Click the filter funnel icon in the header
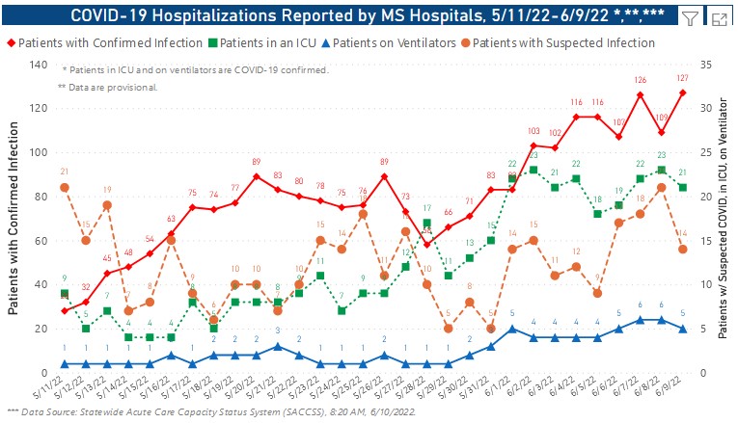pyautogui.click(x=691, y=16)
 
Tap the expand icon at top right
pyautogui.click(x=718, y=16)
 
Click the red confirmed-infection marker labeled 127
pyautogui.click(x=682, y=93)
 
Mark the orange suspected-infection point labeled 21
pyautogui.click(x=64, y=187)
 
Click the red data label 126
pyautogui.click(x=640, y=80)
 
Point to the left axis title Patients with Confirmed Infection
pyautogui.click(x=14, y=217)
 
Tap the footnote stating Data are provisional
pyautogui.click(x=107, y=87)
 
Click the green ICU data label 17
pyautogui.click(x=426, y=209)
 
